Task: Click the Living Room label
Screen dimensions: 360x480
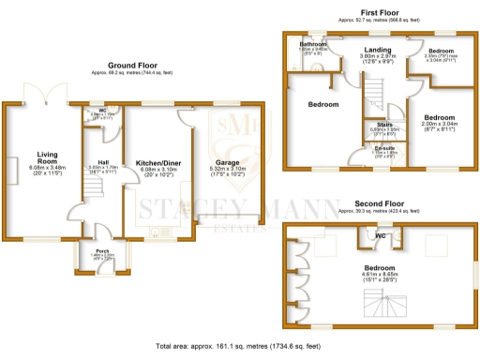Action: (x=47, y=156)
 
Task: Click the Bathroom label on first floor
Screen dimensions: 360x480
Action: (x=312, y=44)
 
